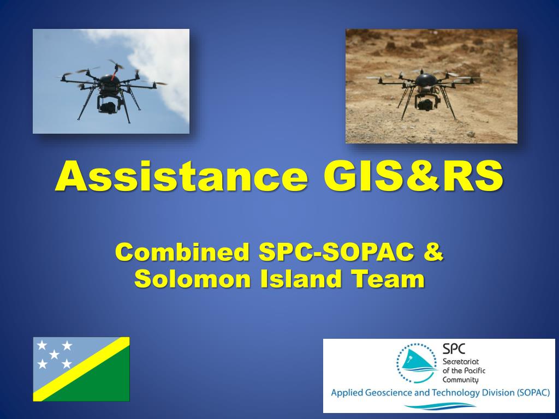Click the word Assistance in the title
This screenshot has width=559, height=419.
181,176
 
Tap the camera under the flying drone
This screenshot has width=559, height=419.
108,106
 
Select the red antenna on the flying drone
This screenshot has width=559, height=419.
114,74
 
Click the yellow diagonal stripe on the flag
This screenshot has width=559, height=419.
81,369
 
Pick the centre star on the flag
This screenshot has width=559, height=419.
54,355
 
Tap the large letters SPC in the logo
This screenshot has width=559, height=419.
454,349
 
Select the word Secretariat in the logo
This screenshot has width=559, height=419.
461,362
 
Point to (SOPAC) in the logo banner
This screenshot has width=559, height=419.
532,393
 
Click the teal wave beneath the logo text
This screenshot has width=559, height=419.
440,406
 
